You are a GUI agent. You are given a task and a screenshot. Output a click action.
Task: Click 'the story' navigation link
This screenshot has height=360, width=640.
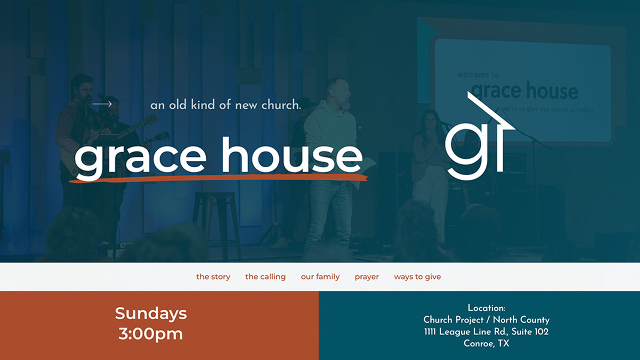coord(213,277)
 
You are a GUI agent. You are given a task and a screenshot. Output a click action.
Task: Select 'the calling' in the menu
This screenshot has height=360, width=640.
coord(265,277)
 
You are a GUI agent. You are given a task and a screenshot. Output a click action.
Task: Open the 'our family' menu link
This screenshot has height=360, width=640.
coord(320,277)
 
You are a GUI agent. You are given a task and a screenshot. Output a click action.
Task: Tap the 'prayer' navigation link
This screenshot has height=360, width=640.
coord(366,277)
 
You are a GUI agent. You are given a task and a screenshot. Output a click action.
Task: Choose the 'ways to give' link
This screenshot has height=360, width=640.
coord(417,277)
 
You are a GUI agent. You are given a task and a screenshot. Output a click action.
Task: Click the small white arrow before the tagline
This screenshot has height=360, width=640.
coord(102,104)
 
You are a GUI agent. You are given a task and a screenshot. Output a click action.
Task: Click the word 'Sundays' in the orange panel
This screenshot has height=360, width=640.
coord(151,313)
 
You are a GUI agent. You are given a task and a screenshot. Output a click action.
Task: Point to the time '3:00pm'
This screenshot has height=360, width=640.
coord(150,334)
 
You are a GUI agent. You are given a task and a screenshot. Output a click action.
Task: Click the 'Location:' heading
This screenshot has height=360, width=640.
coord(486,308)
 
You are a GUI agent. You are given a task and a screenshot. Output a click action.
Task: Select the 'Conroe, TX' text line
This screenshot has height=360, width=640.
coord(486,343)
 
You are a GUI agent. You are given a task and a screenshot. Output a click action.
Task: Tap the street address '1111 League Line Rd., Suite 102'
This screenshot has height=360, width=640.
coord(486,332)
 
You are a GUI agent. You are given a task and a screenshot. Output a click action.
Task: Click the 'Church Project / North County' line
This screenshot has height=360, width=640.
coord(486,320)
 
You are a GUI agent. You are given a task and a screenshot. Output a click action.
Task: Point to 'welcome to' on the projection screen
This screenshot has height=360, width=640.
coord(478,75)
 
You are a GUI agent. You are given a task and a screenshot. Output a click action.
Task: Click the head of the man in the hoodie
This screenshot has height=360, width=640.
coord(338,92)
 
